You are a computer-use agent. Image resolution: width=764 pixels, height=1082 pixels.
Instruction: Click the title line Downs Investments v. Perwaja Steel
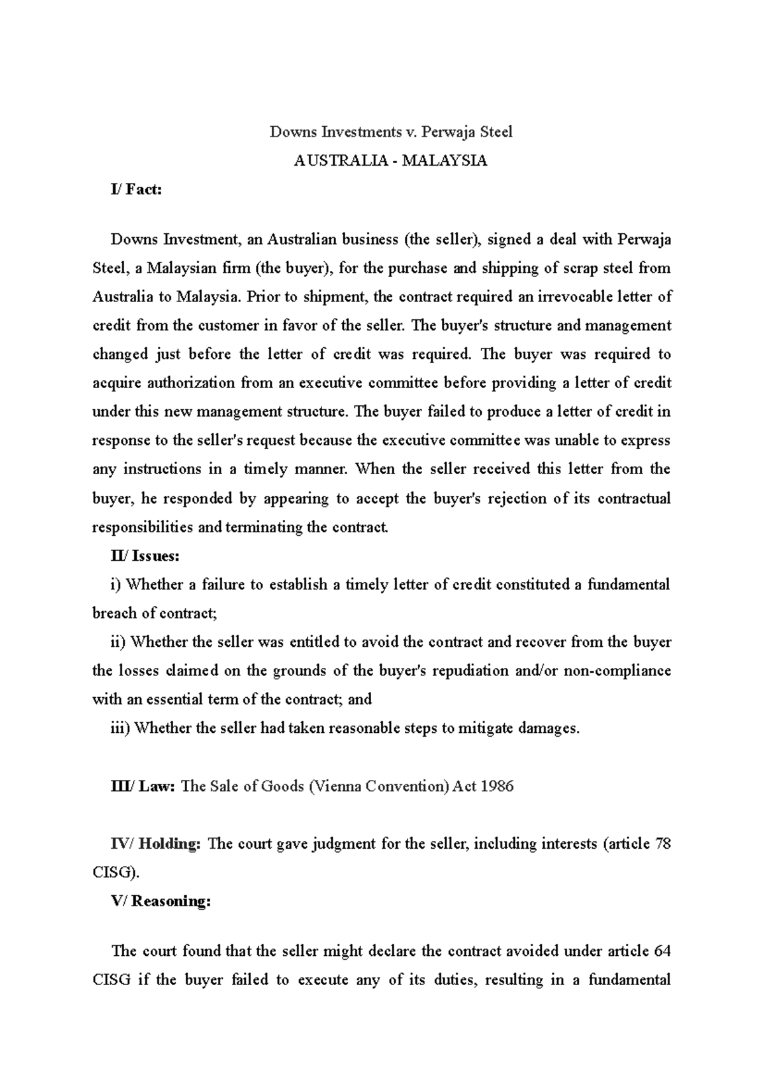tap(391, 132)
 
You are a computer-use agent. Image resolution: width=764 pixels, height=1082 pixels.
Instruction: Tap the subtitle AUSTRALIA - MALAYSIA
tap(390, 161)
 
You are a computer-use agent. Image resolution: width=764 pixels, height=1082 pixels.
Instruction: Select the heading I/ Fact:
tap(136, 189)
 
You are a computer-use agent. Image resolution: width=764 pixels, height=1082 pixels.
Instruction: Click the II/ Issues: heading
tap(145, 556)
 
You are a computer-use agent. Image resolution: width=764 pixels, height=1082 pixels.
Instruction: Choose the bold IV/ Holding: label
tap(156, 844)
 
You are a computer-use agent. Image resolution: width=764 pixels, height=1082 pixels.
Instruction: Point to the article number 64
tap(662, 951)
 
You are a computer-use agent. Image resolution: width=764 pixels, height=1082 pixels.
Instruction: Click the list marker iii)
tap(120, 728)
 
